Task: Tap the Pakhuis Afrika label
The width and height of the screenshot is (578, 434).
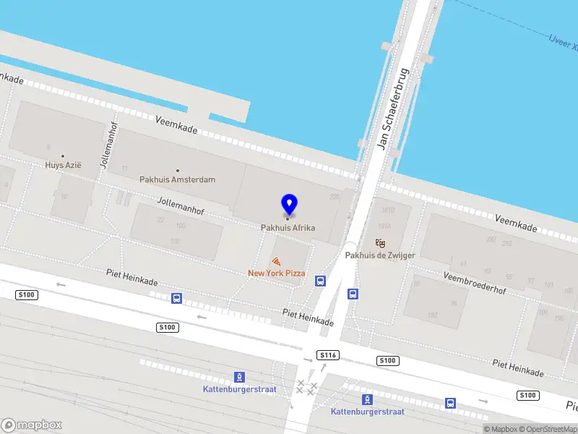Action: point(288,228)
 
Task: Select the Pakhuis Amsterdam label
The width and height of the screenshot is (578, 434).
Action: point(177,179)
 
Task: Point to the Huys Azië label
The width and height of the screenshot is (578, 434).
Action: point(63,165)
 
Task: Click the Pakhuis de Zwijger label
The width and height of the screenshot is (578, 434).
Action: point(380,255)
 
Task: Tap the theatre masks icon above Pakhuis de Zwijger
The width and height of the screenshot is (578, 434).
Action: point(381,243)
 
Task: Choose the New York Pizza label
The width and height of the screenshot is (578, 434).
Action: point(276,273)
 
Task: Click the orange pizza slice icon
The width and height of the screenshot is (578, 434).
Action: point(276,261)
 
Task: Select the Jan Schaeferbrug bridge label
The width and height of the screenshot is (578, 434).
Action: point(393,109)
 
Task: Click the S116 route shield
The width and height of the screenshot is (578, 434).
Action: point(328,355)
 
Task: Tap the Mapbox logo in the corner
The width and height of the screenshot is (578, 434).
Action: point(32,425)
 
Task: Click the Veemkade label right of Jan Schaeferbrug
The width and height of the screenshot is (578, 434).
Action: point(517,222)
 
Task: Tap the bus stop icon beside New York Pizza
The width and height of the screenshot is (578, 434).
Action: point(319,281)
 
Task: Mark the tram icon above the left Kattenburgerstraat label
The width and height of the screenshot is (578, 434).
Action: point(239,377)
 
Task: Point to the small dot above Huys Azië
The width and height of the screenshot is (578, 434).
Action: point(63,156)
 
